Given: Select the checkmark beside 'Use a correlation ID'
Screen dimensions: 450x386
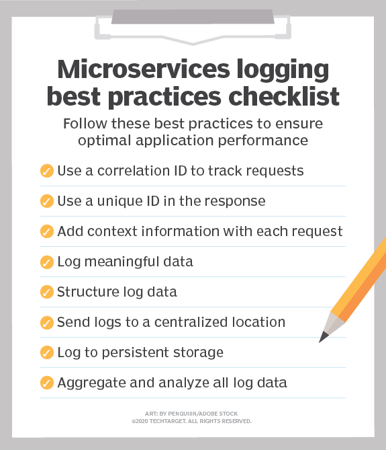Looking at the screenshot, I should [x=47, y=171].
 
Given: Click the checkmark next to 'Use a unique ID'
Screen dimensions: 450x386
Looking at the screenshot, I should [x=47, y=201].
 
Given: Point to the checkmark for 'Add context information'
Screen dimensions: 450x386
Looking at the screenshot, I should [x=47, y=231].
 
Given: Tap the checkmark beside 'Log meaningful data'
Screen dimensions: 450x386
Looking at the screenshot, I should [x=47, y=262].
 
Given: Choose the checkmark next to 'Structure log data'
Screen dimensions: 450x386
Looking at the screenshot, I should [x=47, y=292].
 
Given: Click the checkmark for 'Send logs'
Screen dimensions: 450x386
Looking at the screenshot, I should [x=47, y=322].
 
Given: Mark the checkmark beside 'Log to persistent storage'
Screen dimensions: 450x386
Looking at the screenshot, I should [x=47, y=352].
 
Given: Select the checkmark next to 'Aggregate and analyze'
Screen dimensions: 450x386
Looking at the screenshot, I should [x=47, y=383].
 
